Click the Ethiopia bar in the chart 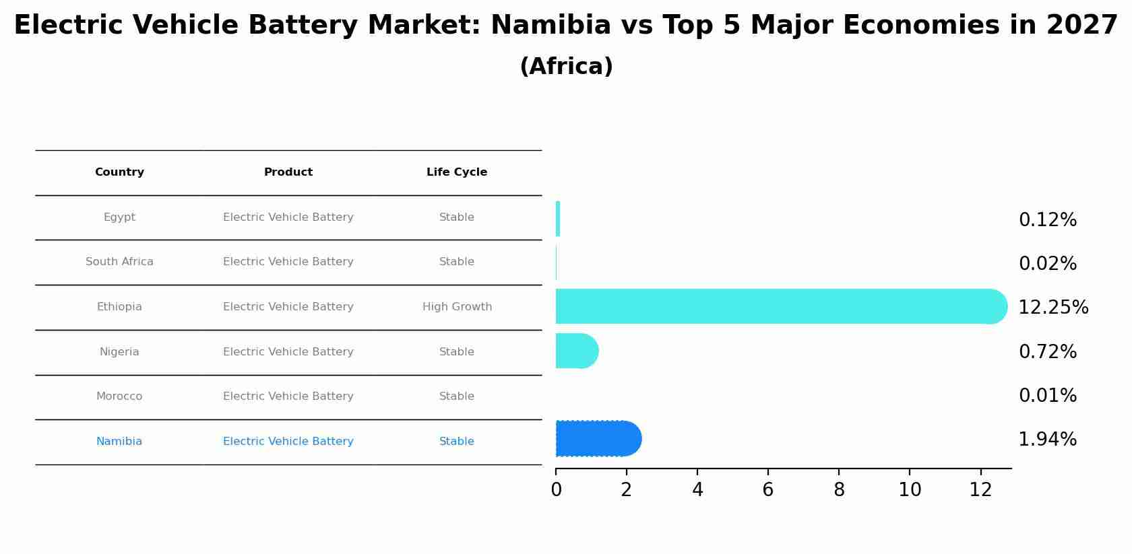(775, 306)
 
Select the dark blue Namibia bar (596, 439)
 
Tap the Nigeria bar (576, 351)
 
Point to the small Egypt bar (558, 219)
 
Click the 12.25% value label (1052, 308)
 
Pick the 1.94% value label (1047, 440)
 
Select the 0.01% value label (1047, 396)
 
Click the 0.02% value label (1047, 264)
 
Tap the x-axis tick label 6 (768, 490)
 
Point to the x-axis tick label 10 (910, 490)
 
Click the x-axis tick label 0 (556, 490)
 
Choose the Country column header (119, 172)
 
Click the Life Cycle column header (457, 172)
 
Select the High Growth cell (457, 307)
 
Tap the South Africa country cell (119, 262)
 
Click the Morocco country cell (119, 396)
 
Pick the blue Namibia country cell (119, 442)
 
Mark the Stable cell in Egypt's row (457, 217)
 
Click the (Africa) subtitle (566, 67)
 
